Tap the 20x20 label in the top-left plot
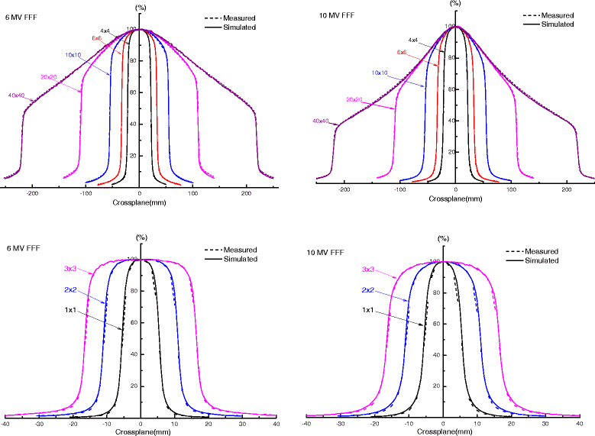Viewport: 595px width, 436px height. coord(50,77)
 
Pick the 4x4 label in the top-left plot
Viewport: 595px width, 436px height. coord(105,31)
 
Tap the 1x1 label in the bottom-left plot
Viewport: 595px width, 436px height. coord(69,311)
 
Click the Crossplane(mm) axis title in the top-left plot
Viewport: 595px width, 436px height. coord(140,203)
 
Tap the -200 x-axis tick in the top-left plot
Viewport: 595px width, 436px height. coord(31,194)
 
